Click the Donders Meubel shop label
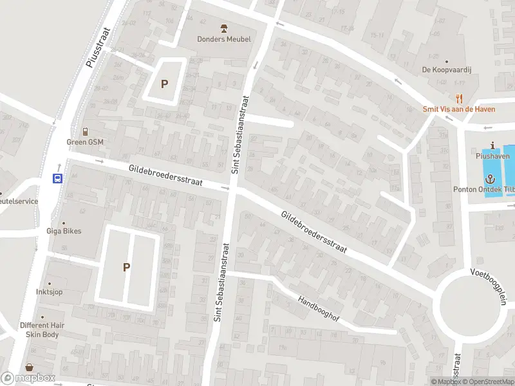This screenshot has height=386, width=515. [224, 39]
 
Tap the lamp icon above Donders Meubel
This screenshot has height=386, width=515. [224, 28]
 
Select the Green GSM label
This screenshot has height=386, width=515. [84, 142]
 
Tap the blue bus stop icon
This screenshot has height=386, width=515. [57, 179]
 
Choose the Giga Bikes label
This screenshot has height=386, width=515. [63, 231]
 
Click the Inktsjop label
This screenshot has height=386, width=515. [49, 291]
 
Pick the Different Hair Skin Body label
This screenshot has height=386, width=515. [42, 330]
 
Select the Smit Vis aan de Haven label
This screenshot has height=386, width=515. [459, 109]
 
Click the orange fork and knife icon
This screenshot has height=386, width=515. [459, 98]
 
